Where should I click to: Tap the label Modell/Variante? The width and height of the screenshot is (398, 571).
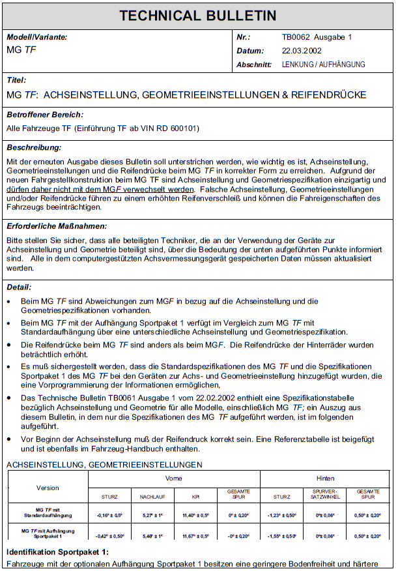pos(37,37)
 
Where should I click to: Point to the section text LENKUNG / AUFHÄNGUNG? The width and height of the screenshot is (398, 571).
pos(323,65)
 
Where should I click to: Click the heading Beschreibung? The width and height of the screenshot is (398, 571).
pos(34,148)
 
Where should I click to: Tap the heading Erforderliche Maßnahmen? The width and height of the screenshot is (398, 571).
pos(57,226)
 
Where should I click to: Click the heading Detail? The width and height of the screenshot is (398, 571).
pos(20,287)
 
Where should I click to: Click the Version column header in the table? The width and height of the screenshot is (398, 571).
pos(48,488)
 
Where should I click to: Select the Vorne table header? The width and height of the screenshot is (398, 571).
pos(174,478)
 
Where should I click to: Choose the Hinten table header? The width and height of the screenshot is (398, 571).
pos(325,478)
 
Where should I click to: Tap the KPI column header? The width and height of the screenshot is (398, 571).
pos(195,497)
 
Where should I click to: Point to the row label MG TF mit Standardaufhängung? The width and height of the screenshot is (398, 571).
pos(48,515)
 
